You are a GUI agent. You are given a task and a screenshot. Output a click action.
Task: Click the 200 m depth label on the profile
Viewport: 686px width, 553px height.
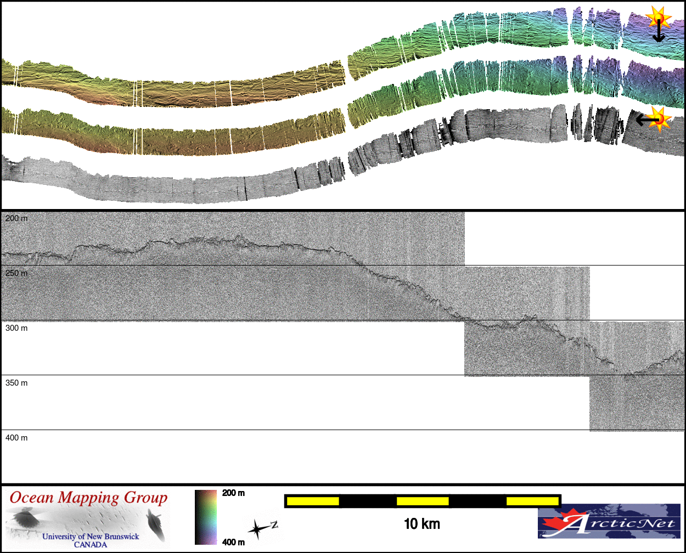tap(16, 218)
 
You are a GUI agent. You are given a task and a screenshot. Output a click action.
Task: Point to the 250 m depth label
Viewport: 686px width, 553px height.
tap(16, 273)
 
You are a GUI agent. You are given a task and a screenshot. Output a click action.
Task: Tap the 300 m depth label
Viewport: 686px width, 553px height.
tap(16, 328)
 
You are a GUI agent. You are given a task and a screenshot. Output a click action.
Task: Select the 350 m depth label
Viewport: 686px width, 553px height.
tap(16, 383)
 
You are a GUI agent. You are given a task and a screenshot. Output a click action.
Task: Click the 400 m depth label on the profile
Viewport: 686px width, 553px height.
tap(16, 438)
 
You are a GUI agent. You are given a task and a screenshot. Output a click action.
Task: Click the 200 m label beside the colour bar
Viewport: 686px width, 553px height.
tap(233, 493)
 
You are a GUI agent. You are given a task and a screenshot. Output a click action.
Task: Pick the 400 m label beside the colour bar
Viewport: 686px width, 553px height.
tap(233, 542)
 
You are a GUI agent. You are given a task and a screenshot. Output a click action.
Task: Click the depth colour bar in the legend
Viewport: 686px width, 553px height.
tap(206, 517)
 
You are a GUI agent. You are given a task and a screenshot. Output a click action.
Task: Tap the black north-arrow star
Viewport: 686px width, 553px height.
tap(257, 530)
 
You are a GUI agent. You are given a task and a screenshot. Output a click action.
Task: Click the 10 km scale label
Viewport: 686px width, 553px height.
tap(421, 524)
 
